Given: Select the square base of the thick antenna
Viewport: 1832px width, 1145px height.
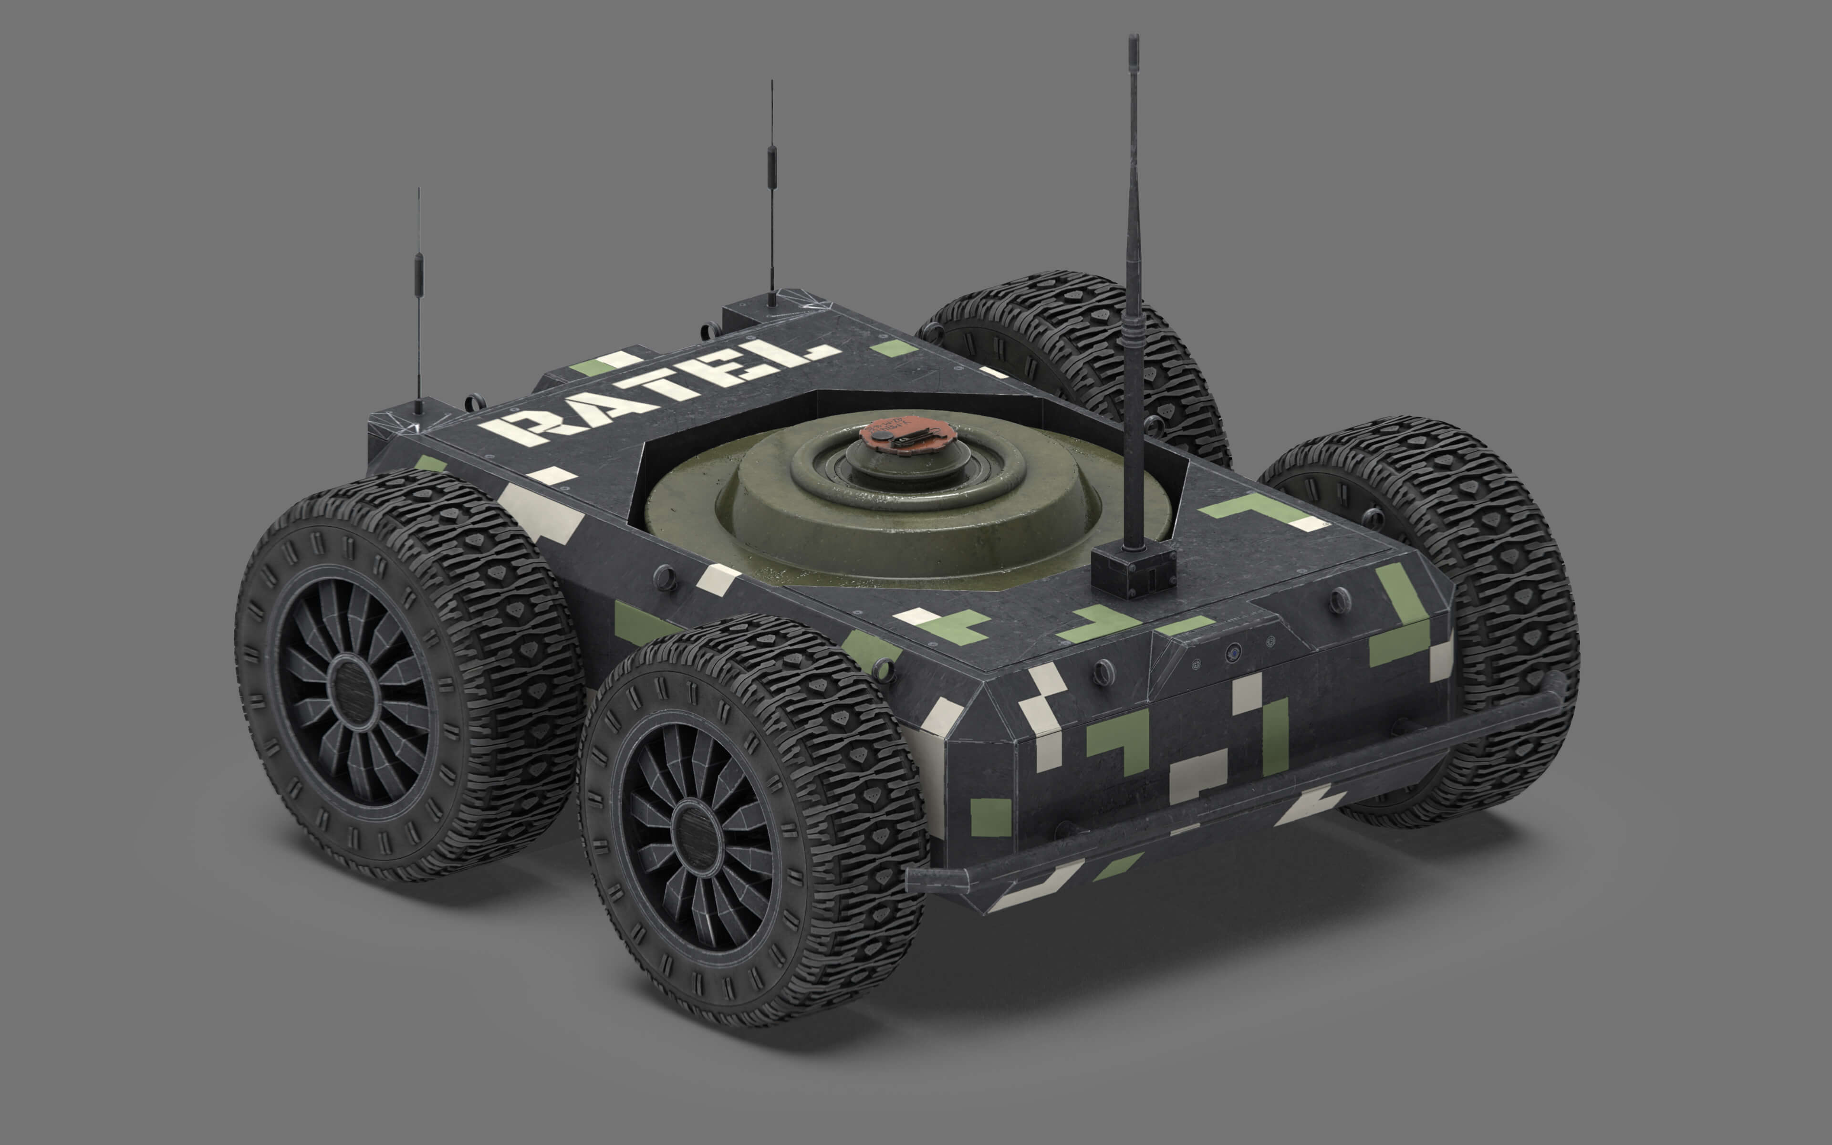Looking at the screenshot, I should [1133, 570].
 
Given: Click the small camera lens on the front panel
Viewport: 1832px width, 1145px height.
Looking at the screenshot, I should [1233, 651].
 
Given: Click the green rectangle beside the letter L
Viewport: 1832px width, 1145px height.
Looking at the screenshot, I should [893, 348].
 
